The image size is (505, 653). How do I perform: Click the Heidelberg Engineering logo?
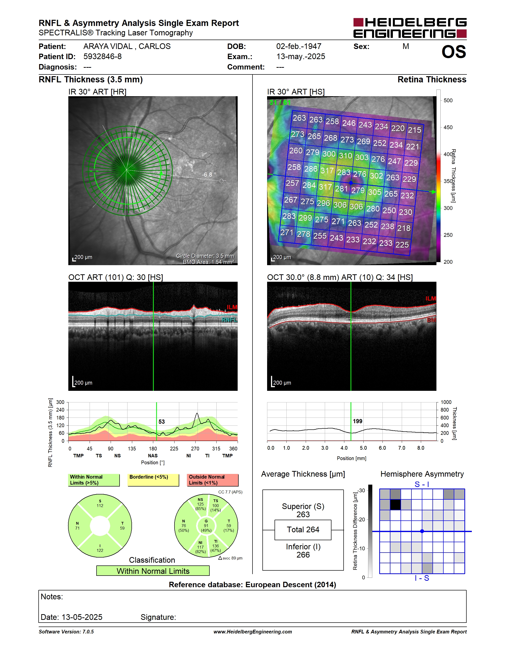point(410,28)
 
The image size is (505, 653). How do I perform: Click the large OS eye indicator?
point(454,52)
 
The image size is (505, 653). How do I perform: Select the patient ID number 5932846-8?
point(102,56)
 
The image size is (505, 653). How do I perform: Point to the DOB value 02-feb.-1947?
point(299,46)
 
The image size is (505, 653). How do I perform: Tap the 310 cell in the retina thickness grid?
point(345,156)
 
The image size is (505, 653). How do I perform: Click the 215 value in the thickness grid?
point(414,130)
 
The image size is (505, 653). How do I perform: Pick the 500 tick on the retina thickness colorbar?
point(448,100)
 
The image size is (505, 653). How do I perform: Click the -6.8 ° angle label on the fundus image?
point(209,175)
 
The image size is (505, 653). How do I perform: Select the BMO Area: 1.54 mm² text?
point(208,262)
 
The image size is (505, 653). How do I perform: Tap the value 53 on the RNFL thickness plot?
point(162,421)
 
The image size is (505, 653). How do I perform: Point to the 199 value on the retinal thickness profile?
point(357,421)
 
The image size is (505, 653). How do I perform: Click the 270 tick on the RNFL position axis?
point(195,448)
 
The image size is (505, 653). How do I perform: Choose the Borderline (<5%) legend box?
point(153,480)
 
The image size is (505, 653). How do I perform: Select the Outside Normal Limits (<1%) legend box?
point(213,480)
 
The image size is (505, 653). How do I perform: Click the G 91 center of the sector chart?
point(206,526)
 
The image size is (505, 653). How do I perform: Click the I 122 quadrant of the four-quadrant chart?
point(100,548)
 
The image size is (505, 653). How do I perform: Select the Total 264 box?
point(303,530)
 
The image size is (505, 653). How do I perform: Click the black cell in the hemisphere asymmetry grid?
point(395,505)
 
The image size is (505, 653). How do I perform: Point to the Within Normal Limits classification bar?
point(153,571)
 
